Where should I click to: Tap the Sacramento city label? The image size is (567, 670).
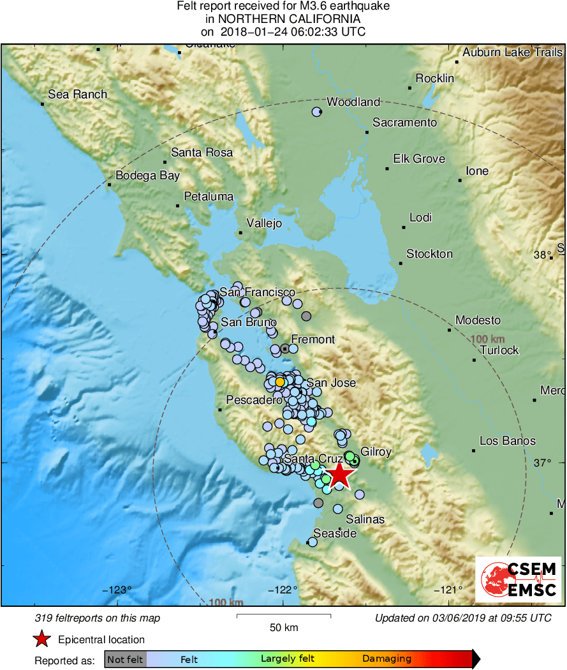(x=404, y=123)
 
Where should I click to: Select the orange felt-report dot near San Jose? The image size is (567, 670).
(x=280, y=382)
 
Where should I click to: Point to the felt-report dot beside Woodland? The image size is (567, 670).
(x=316, y=112)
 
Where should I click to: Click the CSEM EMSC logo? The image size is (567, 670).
(x=519, y=579)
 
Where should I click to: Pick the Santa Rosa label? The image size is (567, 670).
(x=202, y=153)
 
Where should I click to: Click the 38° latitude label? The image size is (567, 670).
(x=543, y=255)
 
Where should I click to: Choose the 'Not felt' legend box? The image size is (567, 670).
(x=125, y=659)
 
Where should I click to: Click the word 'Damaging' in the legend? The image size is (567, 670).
(x=387, y=659)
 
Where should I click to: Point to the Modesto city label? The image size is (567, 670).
(x=478, y=320)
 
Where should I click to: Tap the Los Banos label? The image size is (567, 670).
(x=508, y=441)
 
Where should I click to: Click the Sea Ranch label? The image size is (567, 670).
(x=78, y=94)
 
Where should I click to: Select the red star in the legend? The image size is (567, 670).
(x=42, y=639)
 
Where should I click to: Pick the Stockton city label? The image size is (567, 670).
(x=429, y=254)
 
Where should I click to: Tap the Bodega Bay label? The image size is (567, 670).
(x=147, y=175)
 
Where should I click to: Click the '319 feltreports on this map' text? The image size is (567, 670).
(x=98, y=618)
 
